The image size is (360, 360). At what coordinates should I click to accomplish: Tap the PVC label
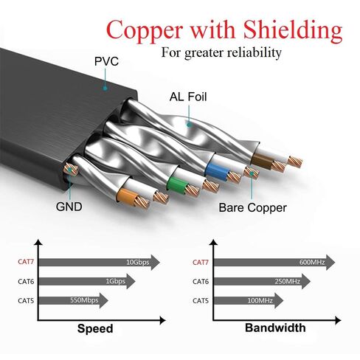click(106, 61)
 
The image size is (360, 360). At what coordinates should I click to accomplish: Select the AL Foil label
click(188, 97)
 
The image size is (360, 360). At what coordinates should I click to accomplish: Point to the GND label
click(69, 207)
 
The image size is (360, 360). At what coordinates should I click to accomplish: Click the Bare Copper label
click(252, 207)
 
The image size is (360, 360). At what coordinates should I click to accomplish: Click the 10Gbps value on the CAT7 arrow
click(138, 262)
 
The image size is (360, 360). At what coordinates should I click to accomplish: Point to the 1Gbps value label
click(115, 281)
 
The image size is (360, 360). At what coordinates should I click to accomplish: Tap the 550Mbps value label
click(84, 300)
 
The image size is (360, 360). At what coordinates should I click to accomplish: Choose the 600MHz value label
click(312, 262)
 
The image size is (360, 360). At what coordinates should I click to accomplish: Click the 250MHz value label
click(287, 281)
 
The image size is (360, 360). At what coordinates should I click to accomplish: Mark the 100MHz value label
click(260, 300)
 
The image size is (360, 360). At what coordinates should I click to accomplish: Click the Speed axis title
click(95, 329)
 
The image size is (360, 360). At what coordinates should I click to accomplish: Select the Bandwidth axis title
click(275, 328)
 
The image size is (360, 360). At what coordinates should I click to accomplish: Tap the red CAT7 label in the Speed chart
click(26, 262)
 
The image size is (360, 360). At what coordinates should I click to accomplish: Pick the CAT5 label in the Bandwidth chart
click(201, 300)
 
